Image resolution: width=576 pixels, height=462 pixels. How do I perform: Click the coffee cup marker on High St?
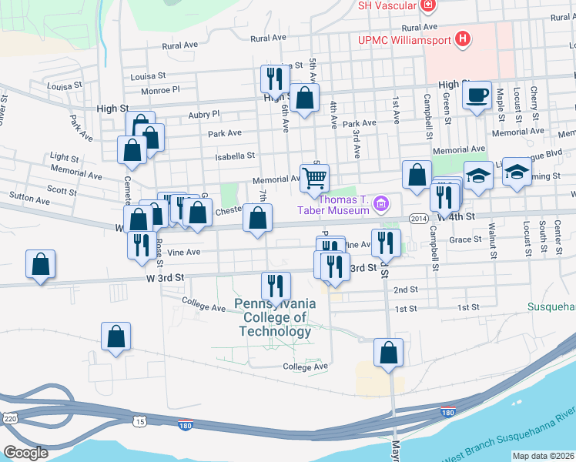pyautogui.click(x=477, y=95)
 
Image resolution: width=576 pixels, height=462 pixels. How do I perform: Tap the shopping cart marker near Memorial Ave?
pyautogui.click(x=314, y=178)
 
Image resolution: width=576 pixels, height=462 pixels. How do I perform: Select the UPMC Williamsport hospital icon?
pyautogui.click(x=462, y=38)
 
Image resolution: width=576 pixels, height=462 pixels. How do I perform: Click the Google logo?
pyautogui.click(x=26, y=452)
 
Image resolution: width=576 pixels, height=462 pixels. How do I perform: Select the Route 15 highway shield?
pyautogui.click(x=139, y=422)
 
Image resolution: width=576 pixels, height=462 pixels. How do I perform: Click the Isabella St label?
pyautogui.click(x=235, y=156)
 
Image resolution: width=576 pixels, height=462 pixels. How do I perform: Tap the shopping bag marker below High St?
pyautogui.click(x=305, y=98)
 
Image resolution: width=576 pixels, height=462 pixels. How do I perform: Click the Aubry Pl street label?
pyautogui.click(x=204, y=114)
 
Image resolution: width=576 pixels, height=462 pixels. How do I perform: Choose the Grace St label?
pyautogui.click(x=465, y=239)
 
